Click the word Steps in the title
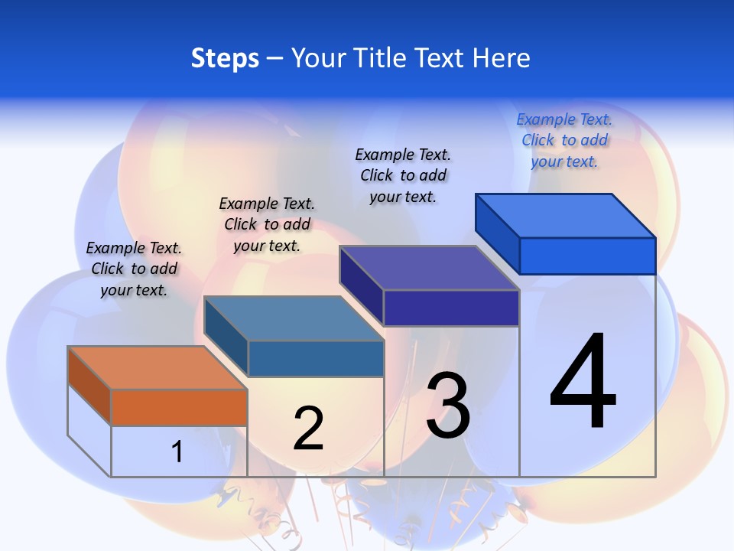(x=225, y=58)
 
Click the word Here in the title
(x=501, y=58)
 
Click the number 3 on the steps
(x=448, y=406)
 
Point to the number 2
(x=308, y=428)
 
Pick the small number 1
(x=177, y=452)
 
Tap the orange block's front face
(x=179, y=407)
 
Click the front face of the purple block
(x=451, y=308)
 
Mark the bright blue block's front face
(x=587, y=256)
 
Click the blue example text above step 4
(x=564, y=141)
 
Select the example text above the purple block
(x=403, y=175)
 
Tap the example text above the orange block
(x=134, y=269)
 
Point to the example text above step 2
(x=267, y=224)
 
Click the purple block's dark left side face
(x=361, y=285)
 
